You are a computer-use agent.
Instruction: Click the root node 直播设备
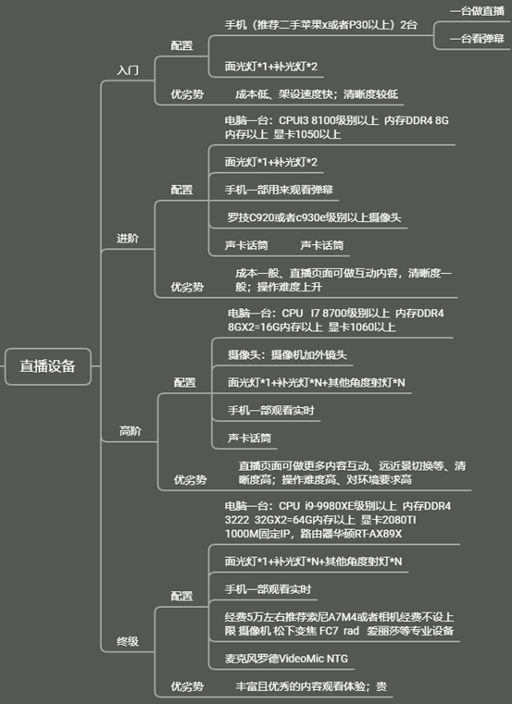point(47,366)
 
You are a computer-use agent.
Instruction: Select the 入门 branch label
point(128,70)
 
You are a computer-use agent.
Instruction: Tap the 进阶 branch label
point(128,239)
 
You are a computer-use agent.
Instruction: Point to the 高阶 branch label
point(131,431)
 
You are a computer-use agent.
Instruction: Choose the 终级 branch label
point(128,642)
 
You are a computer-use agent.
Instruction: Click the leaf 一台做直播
point(478,11)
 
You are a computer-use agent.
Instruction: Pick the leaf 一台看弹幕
point(478,39)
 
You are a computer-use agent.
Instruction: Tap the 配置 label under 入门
point(181,45)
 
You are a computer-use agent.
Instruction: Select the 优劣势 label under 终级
point(187,686)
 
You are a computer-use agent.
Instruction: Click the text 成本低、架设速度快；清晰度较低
point(317,94)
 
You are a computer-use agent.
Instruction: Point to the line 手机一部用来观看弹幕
point(279,190)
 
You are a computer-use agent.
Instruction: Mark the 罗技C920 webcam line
point(314,217)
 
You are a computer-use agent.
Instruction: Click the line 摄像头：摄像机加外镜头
point(287,355)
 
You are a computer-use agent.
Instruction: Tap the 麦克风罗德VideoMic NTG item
point(286,659)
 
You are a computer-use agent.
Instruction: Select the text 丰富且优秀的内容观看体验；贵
point(311,686)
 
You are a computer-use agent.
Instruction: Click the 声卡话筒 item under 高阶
point(249,438)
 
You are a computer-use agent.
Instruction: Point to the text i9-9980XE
point(329,506)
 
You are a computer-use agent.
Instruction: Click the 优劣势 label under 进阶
point(187,287)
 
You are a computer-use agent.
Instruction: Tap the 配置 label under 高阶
point(185,383)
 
